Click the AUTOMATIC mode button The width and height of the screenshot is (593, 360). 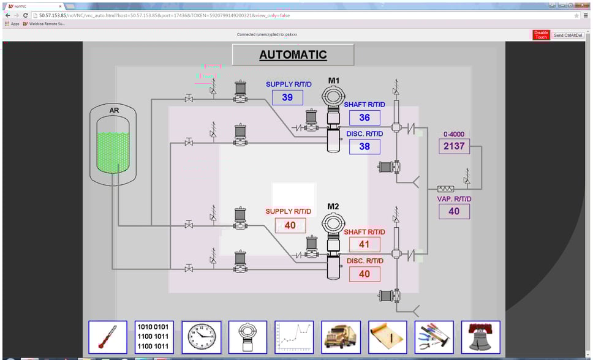[x=293, y=54]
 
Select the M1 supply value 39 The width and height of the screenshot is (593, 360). [x=287, y=97]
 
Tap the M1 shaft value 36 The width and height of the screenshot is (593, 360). [x=364, y=118]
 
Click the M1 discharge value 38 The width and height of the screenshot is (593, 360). [x=364, y=146]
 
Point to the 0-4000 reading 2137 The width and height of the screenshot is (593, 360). [x=454, y=146]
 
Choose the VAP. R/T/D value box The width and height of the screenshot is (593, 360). [x=454, y=211]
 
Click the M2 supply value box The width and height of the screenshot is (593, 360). [x=290, y=225]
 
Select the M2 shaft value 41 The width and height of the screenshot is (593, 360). [x=364, y=244]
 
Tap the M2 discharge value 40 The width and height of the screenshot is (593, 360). [x=364, y=274]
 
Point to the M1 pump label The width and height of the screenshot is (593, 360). [x=334, y=81]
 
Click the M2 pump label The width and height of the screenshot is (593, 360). [x=333, y=206]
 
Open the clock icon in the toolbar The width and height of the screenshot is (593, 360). [x=202, y=337]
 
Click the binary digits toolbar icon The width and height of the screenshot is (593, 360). [x=154, y=337]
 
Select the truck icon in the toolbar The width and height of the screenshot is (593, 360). [x=341, y=337]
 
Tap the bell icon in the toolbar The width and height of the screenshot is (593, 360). [x=480, y=337]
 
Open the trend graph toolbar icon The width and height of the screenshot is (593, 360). [x=294, y=337]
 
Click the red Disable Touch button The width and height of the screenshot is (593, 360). [x=541, y=35]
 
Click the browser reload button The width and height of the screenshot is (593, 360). [x=26, y=15]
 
